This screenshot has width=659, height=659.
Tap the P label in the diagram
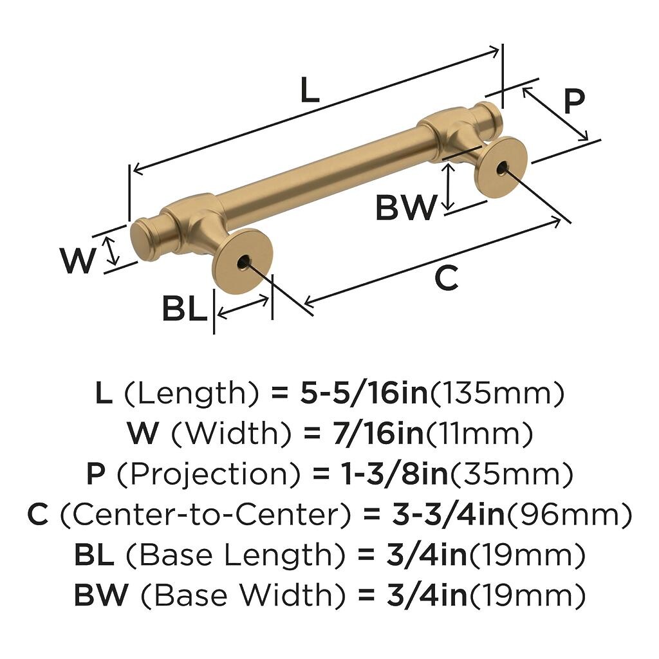tap(574, 101)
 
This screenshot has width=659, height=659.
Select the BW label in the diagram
tap(405, 208)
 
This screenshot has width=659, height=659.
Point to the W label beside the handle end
tap(79, 261)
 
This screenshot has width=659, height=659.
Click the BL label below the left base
tap(185, 309)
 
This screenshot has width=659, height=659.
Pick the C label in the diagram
tap(447, 278)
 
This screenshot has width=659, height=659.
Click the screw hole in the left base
tap(244, 263)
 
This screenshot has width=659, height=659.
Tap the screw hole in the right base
tap(501, 169)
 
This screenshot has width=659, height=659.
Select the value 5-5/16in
tap(364, 393)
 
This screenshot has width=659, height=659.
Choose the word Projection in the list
tap(208, 474)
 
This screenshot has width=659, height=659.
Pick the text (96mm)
tap(570, 515)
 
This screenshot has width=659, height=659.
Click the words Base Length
tap(236, 555)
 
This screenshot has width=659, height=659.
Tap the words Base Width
tap(243, 595)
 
